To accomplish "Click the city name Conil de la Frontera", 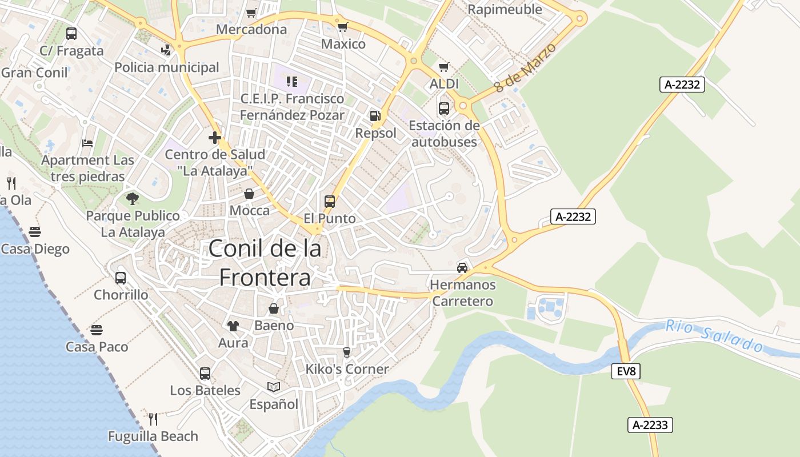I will click(265, 263).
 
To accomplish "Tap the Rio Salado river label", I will click(714, 336).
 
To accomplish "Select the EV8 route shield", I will click(626, 371).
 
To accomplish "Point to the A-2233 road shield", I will click(650, 425).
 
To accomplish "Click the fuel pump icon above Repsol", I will click(375, 116).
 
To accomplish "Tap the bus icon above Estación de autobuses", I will click(444, 108).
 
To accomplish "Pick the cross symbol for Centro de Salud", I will click(215, 138).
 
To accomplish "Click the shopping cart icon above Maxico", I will click(343, 27).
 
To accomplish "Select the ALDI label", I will click(444, 84).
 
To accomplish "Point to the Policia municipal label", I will click(166, 67).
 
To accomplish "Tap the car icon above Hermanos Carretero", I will click(462, 267).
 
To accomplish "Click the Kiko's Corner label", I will click(347, 369).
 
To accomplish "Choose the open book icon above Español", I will click(274, 387).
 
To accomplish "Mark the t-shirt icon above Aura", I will click(233, 326).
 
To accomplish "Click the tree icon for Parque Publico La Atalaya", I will click(133, 199).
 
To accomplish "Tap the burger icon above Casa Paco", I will click(97, 330).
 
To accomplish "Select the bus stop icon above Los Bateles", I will click(205, 374).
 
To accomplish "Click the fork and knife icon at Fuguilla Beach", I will click(153, 419).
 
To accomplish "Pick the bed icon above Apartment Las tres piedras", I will click(87, 143).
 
